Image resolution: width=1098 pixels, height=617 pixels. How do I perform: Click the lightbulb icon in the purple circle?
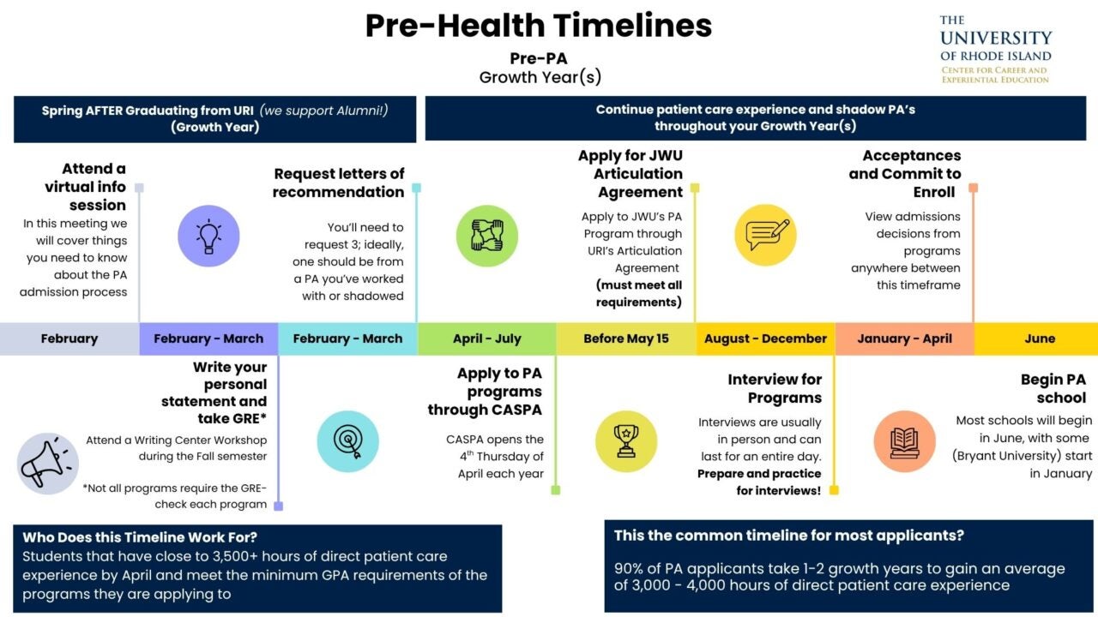point(208,236)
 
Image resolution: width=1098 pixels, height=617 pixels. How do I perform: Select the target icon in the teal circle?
point(347,441)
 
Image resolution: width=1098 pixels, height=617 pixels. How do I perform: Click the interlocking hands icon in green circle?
point(487,236)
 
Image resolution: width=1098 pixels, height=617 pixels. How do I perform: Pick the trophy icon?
point(626,441)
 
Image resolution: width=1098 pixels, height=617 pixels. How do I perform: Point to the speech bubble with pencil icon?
point(766,235)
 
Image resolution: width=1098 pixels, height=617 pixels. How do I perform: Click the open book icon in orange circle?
point(904,441)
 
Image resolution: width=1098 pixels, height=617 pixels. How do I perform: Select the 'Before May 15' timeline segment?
point(626,338)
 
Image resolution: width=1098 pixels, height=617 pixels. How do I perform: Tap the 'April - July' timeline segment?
point(487,338)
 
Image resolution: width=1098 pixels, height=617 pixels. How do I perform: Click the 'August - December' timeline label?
point(765,338)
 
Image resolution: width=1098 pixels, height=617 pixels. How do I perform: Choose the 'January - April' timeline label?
point(904,338)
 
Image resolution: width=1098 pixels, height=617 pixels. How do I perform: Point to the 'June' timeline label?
point(1040,338)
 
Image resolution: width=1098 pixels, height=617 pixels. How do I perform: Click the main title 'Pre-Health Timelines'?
point(539,26)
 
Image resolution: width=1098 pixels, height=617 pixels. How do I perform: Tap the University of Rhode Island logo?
point(995,50)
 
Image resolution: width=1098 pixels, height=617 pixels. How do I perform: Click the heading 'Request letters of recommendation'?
point(339,183)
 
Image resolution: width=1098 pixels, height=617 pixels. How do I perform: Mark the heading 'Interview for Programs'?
point(775,388)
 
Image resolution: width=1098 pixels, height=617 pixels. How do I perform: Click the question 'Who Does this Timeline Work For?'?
point(140,537)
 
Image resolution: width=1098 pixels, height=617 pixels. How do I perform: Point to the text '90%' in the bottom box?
point(630,568)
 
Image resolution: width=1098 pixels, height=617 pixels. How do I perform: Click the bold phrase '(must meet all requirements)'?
point(639,293)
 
